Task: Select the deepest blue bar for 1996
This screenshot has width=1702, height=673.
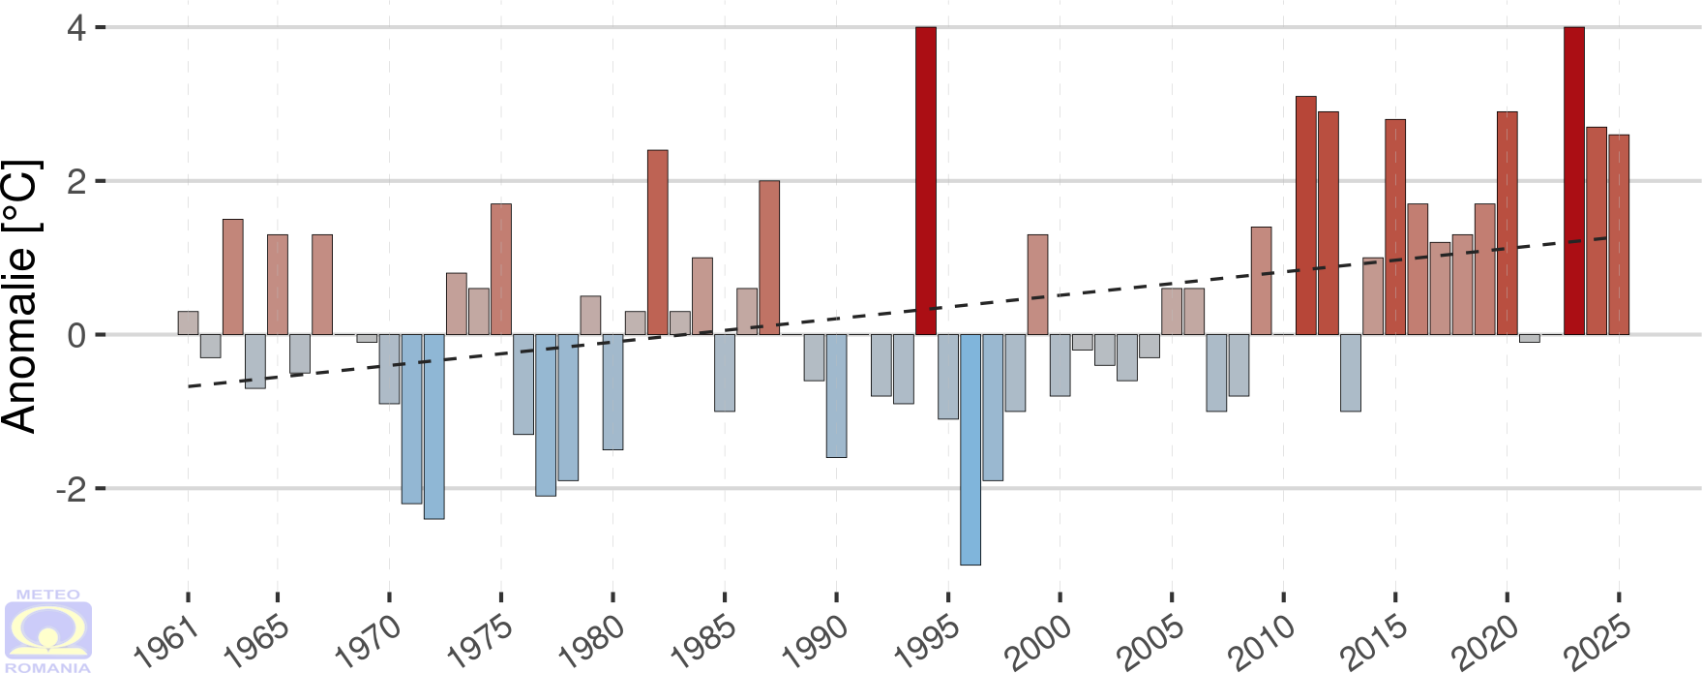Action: pos(970,449)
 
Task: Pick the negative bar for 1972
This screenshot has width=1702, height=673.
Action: pos(433,426)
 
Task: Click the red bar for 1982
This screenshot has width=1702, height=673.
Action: pos(658,242)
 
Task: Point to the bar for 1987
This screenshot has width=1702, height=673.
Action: pos(769,258)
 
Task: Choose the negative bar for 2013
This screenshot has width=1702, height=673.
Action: pos(1351,373)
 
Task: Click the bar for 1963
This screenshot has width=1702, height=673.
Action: pos(233,277)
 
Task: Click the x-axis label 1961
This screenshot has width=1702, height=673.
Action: pos(166,643)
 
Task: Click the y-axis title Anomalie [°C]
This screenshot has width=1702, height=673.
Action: pos(21,296)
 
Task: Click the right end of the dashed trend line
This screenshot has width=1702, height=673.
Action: pos(1607,237)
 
